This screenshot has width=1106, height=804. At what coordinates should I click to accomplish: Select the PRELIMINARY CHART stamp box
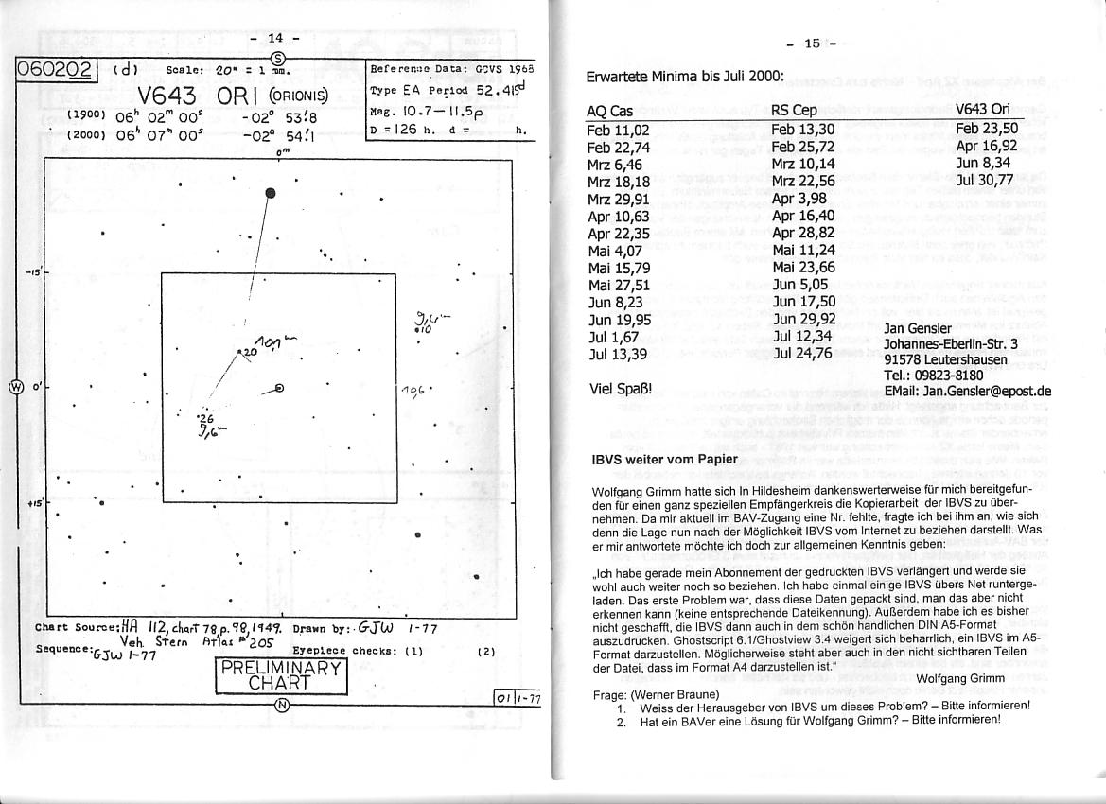[x=282, y=673]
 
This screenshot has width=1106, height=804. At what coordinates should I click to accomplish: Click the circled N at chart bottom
[x=281, y=704]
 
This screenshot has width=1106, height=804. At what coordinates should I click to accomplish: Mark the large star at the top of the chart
[x=271, y=194]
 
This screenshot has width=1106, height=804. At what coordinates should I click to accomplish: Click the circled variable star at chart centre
[x=278, y=388]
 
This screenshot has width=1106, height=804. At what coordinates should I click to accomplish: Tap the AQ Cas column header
[x=609, y=111]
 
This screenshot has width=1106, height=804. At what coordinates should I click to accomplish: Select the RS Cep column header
[x=793, y=111]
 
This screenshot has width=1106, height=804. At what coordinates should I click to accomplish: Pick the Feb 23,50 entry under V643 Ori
[x=986, y=129]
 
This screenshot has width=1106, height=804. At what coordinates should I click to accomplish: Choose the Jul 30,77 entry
[x=985, y=179]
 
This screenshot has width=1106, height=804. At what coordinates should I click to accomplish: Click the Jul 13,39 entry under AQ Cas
[x=618, y=354]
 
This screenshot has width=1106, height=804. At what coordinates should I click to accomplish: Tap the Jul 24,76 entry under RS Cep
[x=801, y=354]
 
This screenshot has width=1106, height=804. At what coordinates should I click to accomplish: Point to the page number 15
[x=812, y=43]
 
